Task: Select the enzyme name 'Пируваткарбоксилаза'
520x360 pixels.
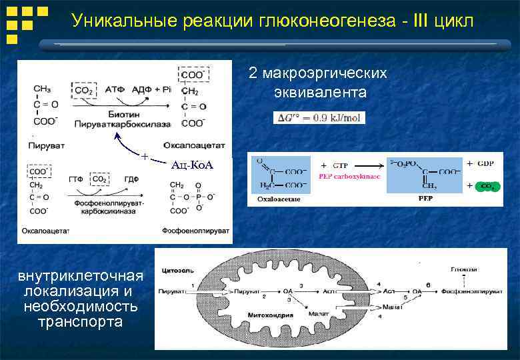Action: click(123, 123)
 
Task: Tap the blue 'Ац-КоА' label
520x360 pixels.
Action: click(192, 165)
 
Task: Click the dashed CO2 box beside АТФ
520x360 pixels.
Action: click(84, 90)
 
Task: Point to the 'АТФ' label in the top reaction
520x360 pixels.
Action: click(117, 89)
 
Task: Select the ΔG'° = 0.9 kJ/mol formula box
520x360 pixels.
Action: click(319, 117)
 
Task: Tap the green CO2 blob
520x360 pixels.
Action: click(487, 187)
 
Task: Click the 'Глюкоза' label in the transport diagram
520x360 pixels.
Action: click(463, 270)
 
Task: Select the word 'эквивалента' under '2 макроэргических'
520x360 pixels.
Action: click(318, 90)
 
